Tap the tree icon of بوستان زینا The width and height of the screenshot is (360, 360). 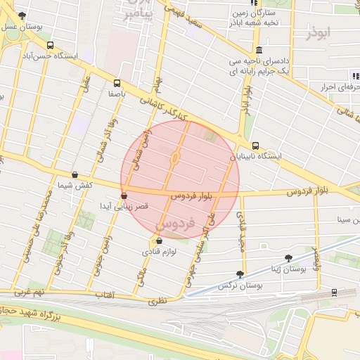pos(288,258)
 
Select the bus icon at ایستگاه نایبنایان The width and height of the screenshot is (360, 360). pos(255,146)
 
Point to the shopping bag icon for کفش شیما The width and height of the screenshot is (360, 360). pos(75,174)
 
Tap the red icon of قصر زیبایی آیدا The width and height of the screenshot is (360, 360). pos(124,196)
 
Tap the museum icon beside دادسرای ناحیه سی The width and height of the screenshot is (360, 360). pos(259,50)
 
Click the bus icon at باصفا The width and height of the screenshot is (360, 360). pos(116,82)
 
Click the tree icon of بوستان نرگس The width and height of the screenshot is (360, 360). pos(241,274)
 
